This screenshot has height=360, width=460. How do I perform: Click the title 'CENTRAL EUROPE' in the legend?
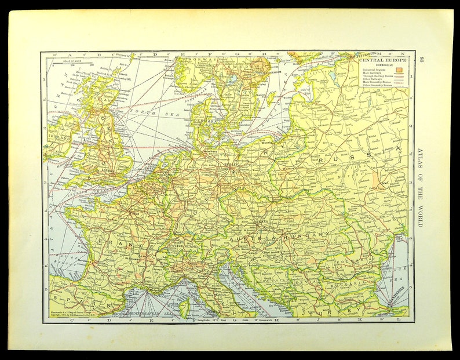tap(382, 59)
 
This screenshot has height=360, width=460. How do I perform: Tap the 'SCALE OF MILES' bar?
tap(72, 65)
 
